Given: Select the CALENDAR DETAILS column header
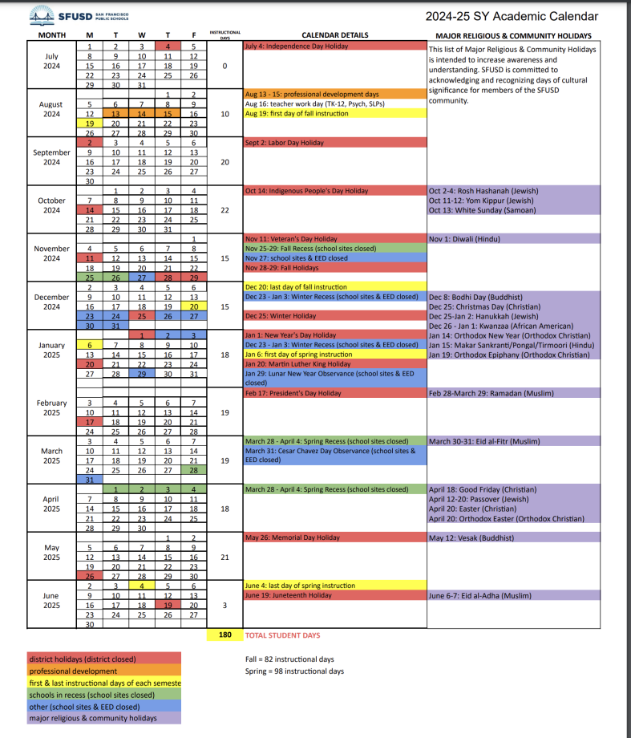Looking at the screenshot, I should (334, 35).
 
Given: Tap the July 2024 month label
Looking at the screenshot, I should (51, 60).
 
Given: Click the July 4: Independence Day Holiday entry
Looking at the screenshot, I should (297, 47).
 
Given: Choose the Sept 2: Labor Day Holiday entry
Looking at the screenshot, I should (285, 143).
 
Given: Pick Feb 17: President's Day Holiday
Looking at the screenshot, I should (293, 393).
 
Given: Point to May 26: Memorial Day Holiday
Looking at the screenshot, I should (293, 537).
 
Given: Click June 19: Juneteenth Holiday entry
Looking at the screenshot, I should (289, 595).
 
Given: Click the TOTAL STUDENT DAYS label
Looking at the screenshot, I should (282, 635).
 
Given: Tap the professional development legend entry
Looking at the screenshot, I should (73, 671).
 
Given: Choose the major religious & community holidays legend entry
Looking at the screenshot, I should (93, 719).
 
